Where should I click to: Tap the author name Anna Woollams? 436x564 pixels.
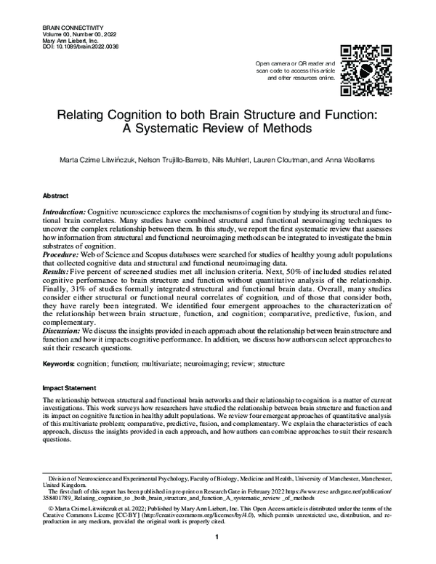[348, 160]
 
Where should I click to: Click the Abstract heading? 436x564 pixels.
[56, 196]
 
